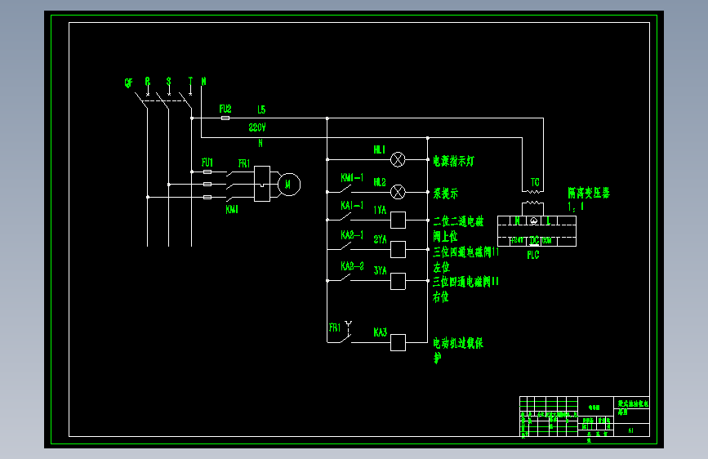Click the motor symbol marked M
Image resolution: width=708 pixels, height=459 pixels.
point(287,185)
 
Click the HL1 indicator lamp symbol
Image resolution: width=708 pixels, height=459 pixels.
point(399,158)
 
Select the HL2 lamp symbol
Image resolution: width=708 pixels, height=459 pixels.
point(399,192)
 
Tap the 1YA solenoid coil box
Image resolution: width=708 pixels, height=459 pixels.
point(399,219)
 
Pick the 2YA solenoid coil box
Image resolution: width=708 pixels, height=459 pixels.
point(399,249)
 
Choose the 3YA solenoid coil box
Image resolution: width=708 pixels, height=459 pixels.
point(399,281)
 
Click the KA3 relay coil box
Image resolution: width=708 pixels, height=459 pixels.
point(399,342)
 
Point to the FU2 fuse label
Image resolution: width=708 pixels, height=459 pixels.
point(225,109)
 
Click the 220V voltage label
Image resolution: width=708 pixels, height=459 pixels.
point(257,128)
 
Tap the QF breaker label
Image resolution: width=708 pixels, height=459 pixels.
point(128,82)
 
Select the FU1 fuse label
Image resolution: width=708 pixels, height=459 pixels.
point(207,163)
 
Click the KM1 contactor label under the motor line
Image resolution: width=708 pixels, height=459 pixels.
point(232,209)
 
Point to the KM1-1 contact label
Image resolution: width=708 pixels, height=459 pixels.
point(352,177)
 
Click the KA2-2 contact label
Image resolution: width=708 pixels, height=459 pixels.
point(352,266)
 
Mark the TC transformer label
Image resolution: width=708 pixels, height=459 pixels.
point(535,181)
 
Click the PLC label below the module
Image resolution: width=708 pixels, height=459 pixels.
point(532,255)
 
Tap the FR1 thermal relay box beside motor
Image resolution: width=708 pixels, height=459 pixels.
point(261,184)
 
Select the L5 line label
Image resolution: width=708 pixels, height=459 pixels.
point(260,109)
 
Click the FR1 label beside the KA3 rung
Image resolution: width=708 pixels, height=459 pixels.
point(335,328)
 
